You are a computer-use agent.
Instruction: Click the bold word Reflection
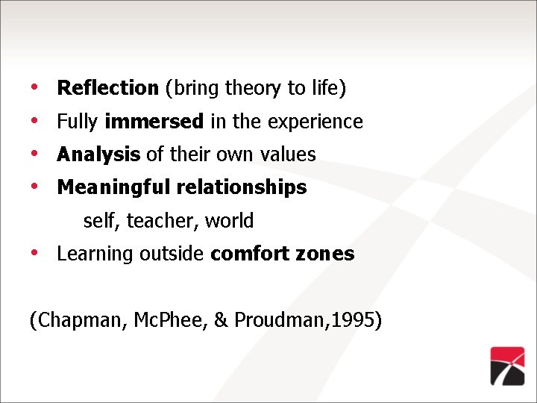pyautogui.click(x=107, y=88)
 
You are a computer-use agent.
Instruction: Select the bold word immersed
pyautogui.click(x=154, y=121)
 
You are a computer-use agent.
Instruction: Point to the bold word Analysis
pyautogui.click(x=98, y=154)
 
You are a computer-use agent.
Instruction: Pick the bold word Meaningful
pyautogui.click(x=114, y=187)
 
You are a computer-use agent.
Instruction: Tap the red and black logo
pyautogui.click(x=507, y=366)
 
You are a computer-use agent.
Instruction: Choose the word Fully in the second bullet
pyautogui.click(x=78, y=122)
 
